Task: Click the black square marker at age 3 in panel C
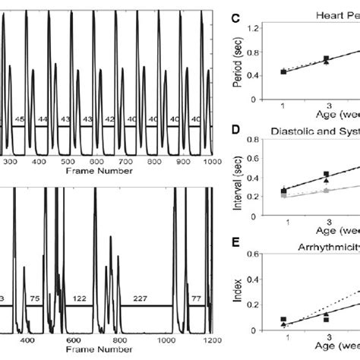pyautogui.click(x=327, y=58)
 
